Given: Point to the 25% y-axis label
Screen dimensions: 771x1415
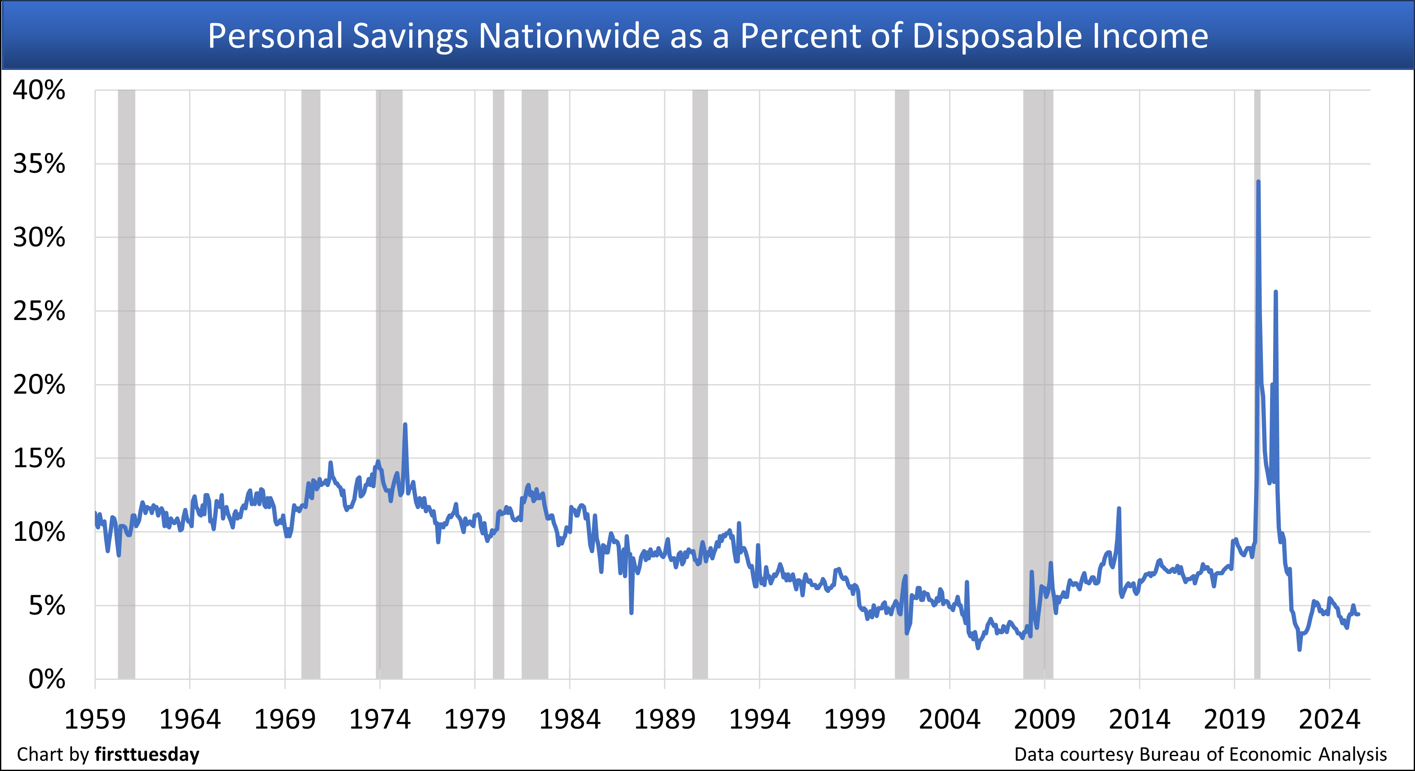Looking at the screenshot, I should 39,311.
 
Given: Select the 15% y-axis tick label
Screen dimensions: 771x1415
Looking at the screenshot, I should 39,458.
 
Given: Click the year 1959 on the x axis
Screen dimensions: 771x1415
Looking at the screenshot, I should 95,719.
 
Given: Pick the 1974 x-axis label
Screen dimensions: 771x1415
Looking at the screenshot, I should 380,719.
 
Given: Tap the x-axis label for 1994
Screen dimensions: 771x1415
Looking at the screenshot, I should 759,719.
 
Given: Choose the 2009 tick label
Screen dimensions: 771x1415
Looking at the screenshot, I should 1044,719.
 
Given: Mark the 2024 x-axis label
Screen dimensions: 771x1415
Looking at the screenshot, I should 1329,719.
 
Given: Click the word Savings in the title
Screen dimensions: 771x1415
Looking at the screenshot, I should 410,36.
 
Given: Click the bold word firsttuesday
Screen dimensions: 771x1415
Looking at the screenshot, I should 147,754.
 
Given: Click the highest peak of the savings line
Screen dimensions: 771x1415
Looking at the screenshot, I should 1258,181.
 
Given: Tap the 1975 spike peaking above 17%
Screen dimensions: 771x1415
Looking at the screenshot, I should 405,424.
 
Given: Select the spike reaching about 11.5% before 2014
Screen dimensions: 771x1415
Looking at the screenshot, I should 1119,509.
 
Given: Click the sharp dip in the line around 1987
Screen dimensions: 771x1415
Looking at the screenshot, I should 632,612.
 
